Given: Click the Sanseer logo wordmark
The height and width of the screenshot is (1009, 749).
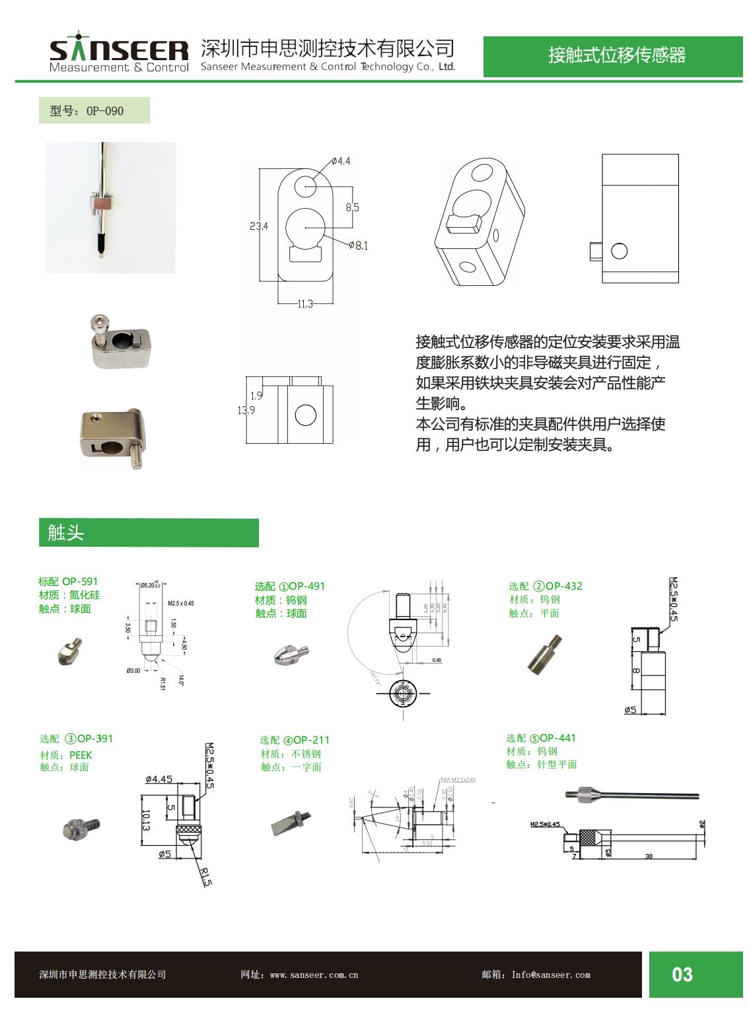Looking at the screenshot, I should [119, 51].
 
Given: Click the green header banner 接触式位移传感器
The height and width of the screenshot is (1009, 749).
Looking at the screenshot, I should [616, 55].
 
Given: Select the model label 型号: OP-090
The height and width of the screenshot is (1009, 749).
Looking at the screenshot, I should [87, 111].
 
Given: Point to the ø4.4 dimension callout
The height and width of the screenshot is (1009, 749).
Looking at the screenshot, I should [340, 161].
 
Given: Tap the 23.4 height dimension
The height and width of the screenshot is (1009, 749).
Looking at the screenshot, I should [258, 226].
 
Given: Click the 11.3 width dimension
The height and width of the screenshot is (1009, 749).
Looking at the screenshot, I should [304, 304].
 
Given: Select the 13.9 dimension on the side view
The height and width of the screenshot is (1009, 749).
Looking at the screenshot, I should [246, 410].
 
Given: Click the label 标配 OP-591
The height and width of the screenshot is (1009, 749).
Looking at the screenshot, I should [68, 582].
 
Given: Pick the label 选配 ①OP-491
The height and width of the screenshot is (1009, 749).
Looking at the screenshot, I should [290, 586].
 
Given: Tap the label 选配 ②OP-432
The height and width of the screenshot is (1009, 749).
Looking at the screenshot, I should [545, 586].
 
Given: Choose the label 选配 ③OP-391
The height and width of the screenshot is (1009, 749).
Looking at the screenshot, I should [76, 738].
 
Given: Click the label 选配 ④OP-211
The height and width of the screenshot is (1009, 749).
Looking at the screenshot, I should [294, 740].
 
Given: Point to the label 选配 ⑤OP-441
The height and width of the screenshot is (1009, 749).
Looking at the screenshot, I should [541, 738].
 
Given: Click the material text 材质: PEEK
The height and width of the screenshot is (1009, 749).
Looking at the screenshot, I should [66, 755].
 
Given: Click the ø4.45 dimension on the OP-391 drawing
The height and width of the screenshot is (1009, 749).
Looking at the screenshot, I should [159, 779].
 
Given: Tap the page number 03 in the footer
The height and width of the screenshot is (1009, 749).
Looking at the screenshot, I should [682, 975].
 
